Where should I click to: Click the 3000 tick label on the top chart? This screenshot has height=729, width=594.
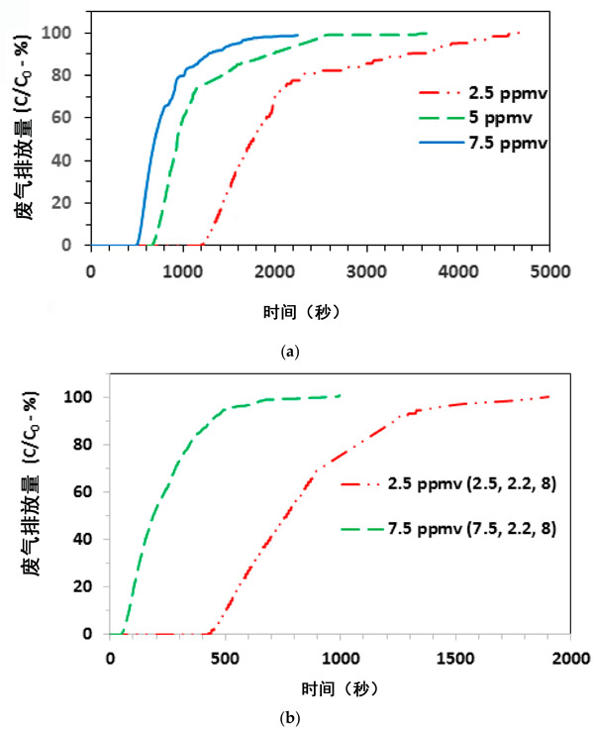pos(367,268)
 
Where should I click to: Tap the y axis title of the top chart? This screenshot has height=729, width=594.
pos(33,125)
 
